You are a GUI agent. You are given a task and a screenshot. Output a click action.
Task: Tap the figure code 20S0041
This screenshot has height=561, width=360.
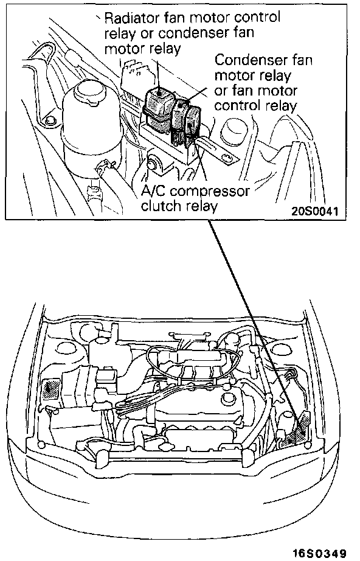point(314,211)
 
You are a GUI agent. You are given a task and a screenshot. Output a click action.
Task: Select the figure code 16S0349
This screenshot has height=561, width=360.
point(320,553)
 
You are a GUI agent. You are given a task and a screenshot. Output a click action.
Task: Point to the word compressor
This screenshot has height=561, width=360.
point(210,192)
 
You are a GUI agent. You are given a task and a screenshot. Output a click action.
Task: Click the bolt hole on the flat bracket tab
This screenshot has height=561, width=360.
point(226,156)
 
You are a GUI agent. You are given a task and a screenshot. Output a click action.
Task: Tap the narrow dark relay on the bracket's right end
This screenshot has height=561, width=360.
point(193,124)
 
